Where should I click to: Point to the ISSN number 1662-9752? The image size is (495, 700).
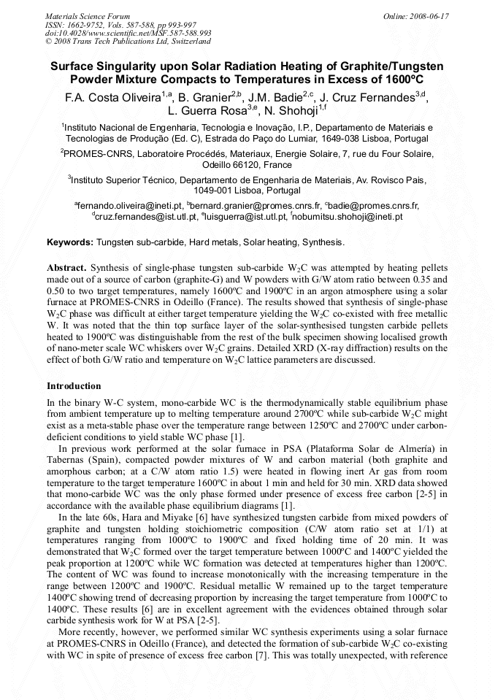pos(88,25)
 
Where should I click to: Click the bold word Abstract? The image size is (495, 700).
pos(66,268)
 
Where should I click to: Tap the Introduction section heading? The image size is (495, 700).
pos(74,385)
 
